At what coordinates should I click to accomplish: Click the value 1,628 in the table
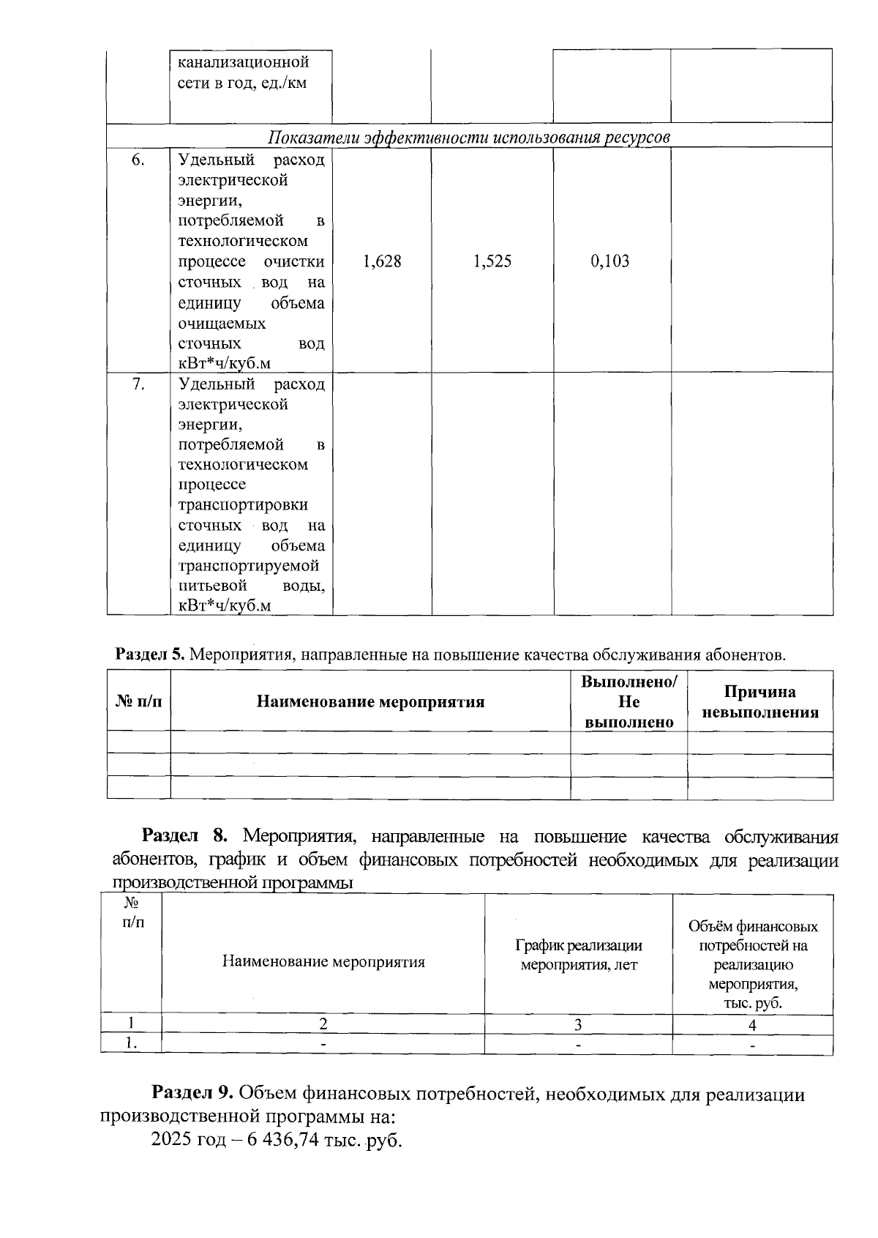tap(382, 261)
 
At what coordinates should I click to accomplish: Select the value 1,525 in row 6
tap(492, 261)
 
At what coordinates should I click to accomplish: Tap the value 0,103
tap(610, 261)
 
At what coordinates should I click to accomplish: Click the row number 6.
tap(138, 160)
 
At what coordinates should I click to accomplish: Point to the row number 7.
tap(138, 384)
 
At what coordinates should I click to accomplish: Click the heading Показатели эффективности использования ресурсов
tap(469, 137)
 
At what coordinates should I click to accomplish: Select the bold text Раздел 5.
tap(150, 655)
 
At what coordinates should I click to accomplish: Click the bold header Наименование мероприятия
tap(370, 702)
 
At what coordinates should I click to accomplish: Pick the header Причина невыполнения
tap(759, 702)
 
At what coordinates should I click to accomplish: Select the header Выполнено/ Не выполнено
tap(629, 702)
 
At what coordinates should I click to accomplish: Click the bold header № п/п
tap(138, 702)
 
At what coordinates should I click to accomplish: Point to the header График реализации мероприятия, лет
tap(579, 955)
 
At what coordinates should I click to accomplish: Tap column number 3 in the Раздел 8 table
tap(578, 1025)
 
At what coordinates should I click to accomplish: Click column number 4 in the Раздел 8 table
tap(752, 1025)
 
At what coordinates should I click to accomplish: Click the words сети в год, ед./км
tap(242, 83)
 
